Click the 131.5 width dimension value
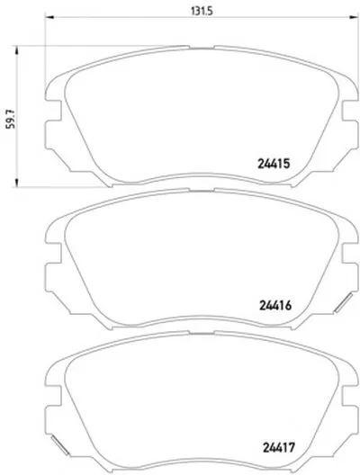tap(202, 11)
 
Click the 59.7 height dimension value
tap(11, 119)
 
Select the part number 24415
tap(274, 164)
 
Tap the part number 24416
tap(275, 305)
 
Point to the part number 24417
tap(278, 447)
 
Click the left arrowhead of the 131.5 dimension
tap(49, 17)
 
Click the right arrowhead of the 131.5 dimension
tap(354, 17)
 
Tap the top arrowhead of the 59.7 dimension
tap(16, 50)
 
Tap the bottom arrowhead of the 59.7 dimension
tap(16, 183)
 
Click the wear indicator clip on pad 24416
tap(343, 302)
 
